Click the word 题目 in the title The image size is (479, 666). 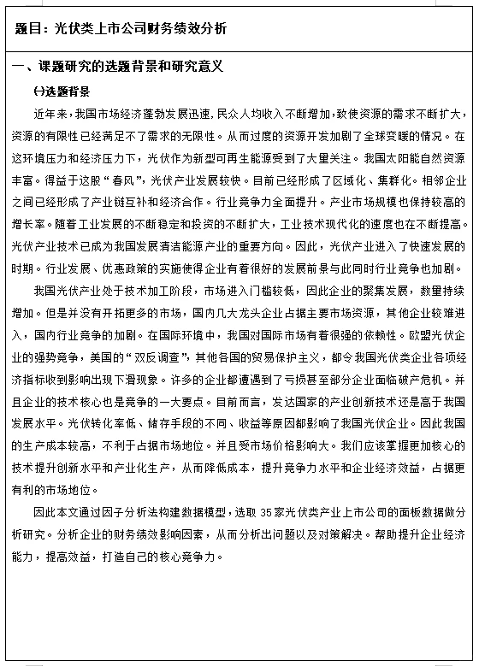(x=27, y=28)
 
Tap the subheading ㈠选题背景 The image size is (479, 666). (x=61, y=91)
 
